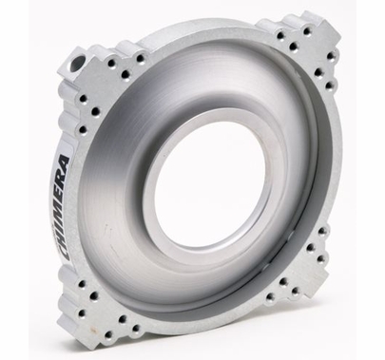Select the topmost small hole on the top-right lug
click(307, 31)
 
